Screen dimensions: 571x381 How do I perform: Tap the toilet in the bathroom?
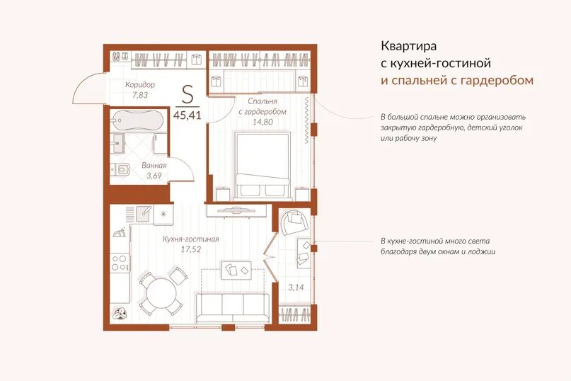coord(120,169)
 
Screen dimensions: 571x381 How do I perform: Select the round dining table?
coord(161,293)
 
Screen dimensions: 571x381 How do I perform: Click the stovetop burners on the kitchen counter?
coord(120,263)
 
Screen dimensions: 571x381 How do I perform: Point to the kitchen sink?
coord(144,213)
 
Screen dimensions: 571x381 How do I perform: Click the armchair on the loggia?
coord(294,223)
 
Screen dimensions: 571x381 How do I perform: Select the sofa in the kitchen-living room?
coord(233,309)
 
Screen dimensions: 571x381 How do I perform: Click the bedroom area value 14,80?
coord(263,122)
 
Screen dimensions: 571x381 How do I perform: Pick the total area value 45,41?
coord(188,115)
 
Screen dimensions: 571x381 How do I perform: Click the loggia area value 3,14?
coord(296,288)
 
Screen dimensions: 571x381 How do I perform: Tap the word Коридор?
coord(140,85)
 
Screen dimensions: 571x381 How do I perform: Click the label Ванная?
coord(154,165)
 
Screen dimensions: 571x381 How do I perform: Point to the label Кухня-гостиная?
coord(190,239)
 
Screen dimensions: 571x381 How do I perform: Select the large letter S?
coord(188,95)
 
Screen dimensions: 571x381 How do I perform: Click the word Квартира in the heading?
coord(408,46)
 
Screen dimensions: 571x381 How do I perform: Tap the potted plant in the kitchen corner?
coord(120,314)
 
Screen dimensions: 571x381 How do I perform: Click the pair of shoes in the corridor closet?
coord(120,57)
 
